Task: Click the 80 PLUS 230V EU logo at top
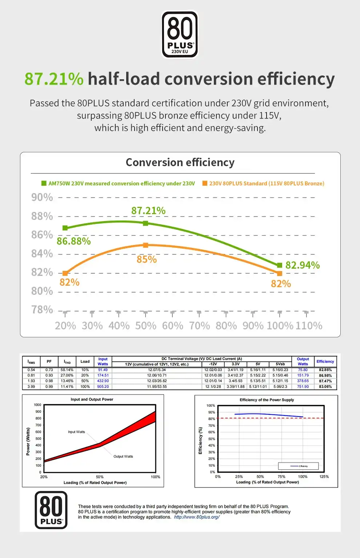tap(180, 35)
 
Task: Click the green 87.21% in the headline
tap(54, 79)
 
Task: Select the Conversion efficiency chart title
tap(180, 162)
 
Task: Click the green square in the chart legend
tap(44, 183)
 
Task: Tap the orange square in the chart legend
tap(205, 183)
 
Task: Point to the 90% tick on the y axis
tap(42, 197)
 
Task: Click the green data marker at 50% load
tap(145, 223)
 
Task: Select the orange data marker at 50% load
tap(145, 245)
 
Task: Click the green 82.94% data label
tap(303, 265)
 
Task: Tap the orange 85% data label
tap(147, 260)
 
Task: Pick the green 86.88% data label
tap(73, 241)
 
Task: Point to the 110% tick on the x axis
tap(309, 326)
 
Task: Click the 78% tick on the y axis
tap(42, 310)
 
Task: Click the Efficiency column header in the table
tap(325, 361)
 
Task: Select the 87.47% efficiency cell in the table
tap(325, 381)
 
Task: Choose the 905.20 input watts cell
tap(103, 386)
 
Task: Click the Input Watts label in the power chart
tap(76, 432)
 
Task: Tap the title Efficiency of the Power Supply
tap(267, 400)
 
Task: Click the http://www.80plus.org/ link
tap(197, 517)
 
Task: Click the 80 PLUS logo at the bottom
tap(51, 510)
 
